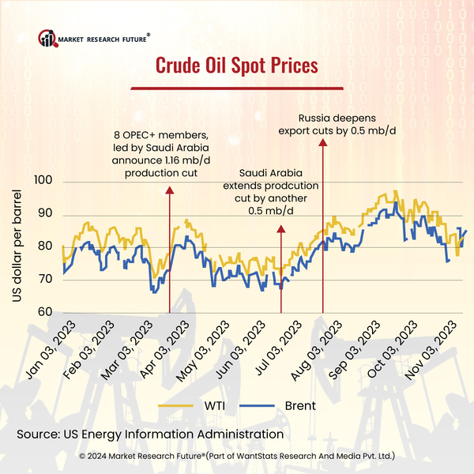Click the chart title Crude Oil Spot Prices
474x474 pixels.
[x=236, y=63]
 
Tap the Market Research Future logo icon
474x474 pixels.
[x=48, y=37]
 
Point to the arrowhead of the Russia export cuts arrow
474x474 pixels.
[x=322, y=141]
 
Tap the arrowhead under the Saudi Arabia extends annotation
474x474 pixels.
[x=281, y=228]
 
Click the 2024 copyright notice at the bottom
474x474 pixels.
[x=237, y=457]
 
